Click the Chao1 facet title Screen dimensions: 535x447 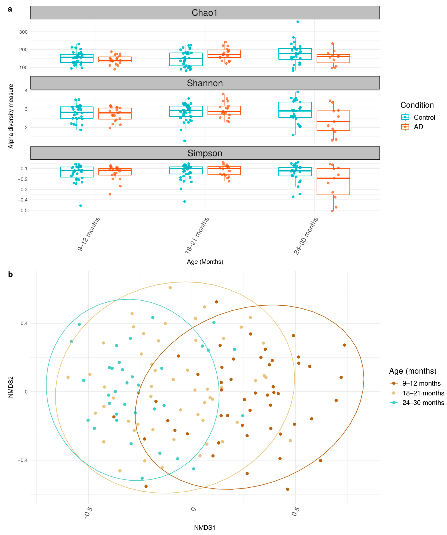(205, 13)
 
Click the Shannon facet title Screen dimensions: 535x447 (205, 83)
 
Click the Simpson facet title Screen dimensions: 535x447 (205, 153)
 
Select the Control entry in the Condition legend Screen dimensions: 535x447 (424, 117)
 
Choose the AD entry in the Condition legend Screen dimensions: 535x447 (418, 127)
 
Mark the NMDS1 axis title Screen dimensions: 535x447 (205, 527)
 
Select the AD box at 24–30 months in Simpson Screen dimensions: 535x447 (333, 182)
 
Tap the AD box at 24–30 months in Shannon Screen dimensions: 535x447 (333, 120)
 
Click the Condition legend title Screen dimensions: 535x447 (417, 105)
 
